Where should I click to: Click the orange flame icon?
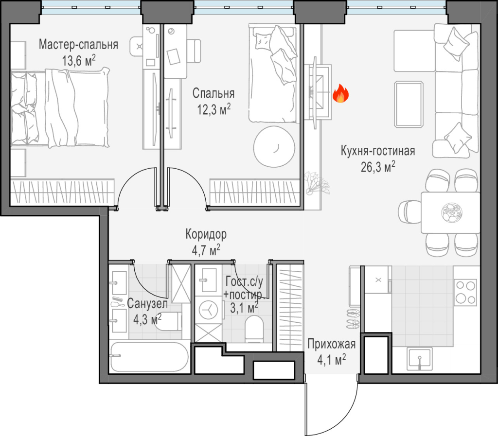[x=340, y=93]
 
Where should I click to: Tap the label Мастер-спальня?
[x=78, y=44]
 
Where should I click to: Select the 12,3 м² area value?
[x=214, y=109]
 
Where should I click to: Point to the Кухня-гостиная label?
[x=377, y=151]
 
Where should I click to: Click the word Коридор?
[x=206, y=234]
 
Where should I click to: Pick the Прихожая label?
[x=332, y=344]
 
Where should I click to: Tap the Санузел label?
[x=147, y=304]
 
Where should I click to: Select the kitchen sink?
[x=420, y=359]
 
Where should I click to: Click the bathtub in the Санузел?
[x=149, y=357]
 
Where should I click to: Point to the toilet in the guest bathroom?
[x=254, y=329]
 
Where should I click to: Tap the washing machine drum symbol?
[x=208, y=310]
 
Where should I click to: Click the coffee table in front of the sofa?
[x=409, y=105]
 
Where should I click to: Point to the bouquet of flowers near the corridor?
[x=317, y=183]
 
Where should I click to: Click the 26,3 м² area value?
[x=378, y=167]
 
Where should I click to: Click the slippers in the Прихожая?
[x=353, y=319]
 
